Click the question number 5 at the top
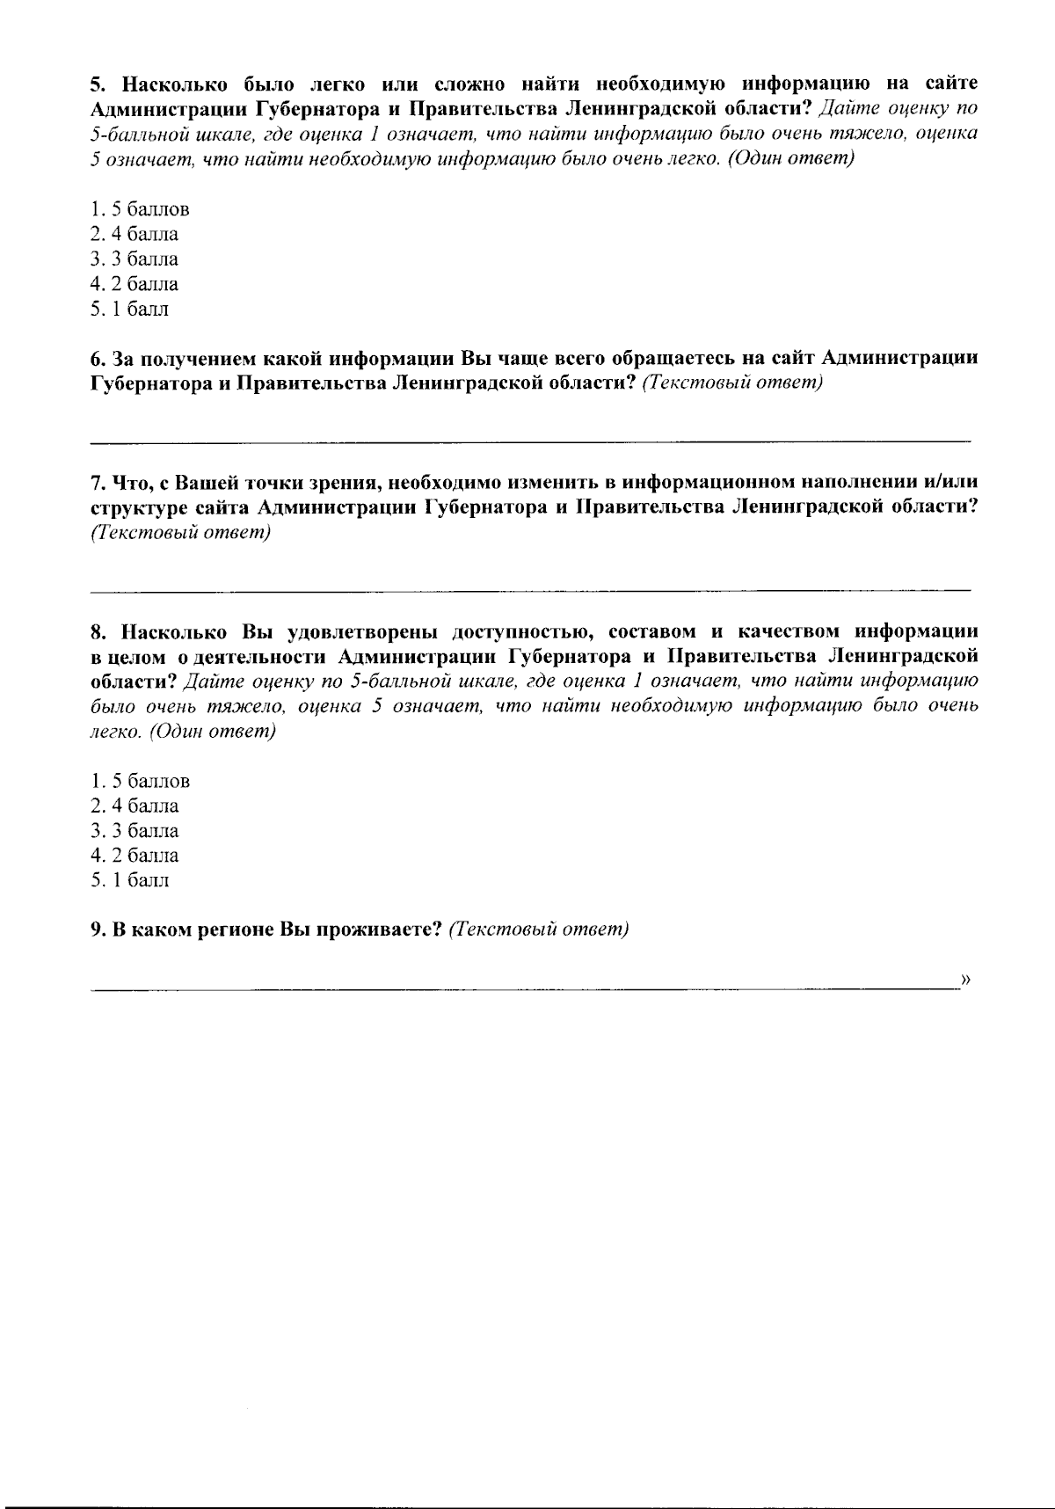98,84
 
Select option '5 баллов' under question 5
140,209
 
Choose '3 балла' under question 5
135,259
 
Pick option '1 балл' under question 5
130,309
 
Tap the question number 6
98,360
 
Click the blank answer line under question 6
530,438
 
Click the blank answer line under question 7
530,587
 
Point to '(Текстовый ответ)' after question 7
180,533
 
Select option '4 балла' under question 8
135,806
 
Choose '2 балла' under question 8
135,855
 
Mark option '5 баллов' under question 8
140,781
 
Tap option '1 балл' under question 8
130,879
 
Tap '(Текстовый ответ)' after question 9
538,930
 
